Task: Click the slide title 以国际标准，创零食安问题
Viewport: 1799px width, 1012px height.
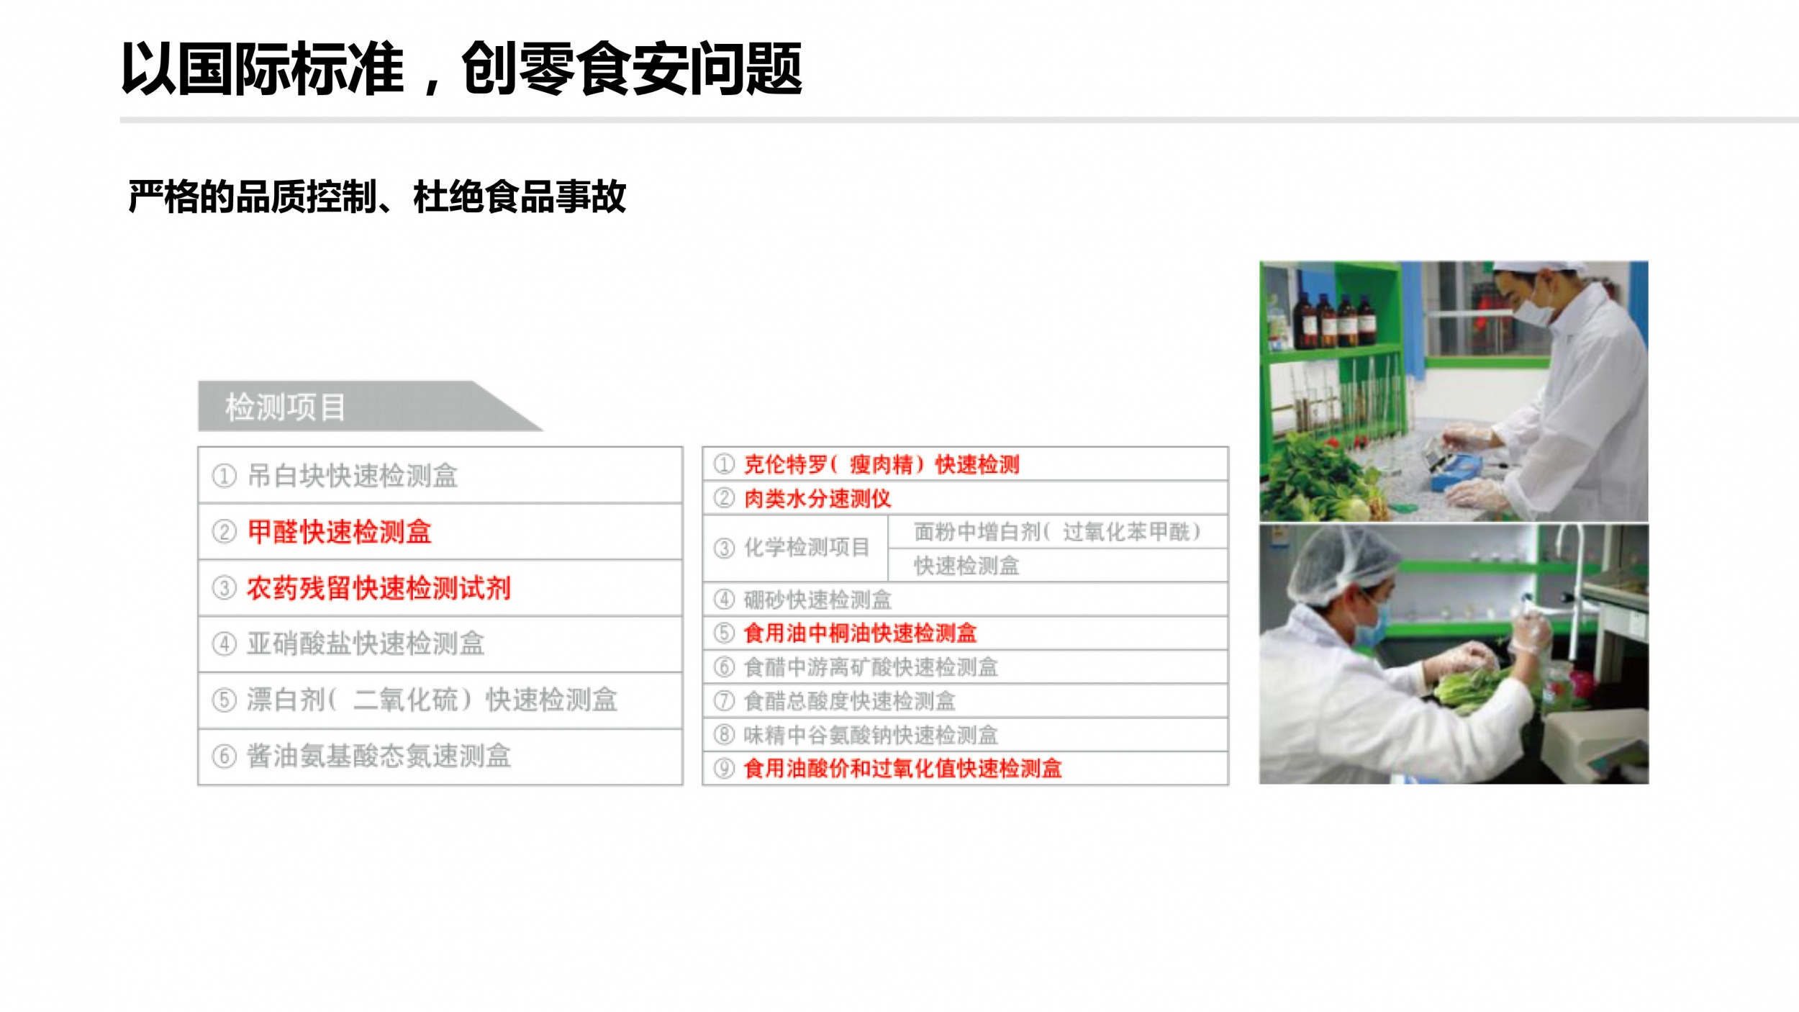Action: click(x=461, y=69)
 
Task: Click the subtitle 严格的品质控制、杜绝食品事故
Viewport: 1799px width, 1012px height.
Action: click(x=377, y=196)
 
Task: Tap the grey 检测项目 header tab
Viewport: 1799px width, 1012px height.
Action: click(x=370, y=407)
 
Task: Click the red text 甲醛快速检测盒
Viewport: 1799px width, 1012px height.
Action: click(x=339, y=532)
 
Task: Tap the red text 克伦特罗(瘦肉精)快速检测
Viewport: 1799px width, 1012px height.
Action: click(x=882, y=464)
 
